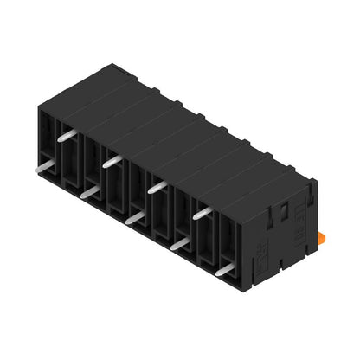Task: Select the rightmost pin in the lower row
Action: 225,271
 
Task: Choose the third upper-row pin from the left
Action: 157,185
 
